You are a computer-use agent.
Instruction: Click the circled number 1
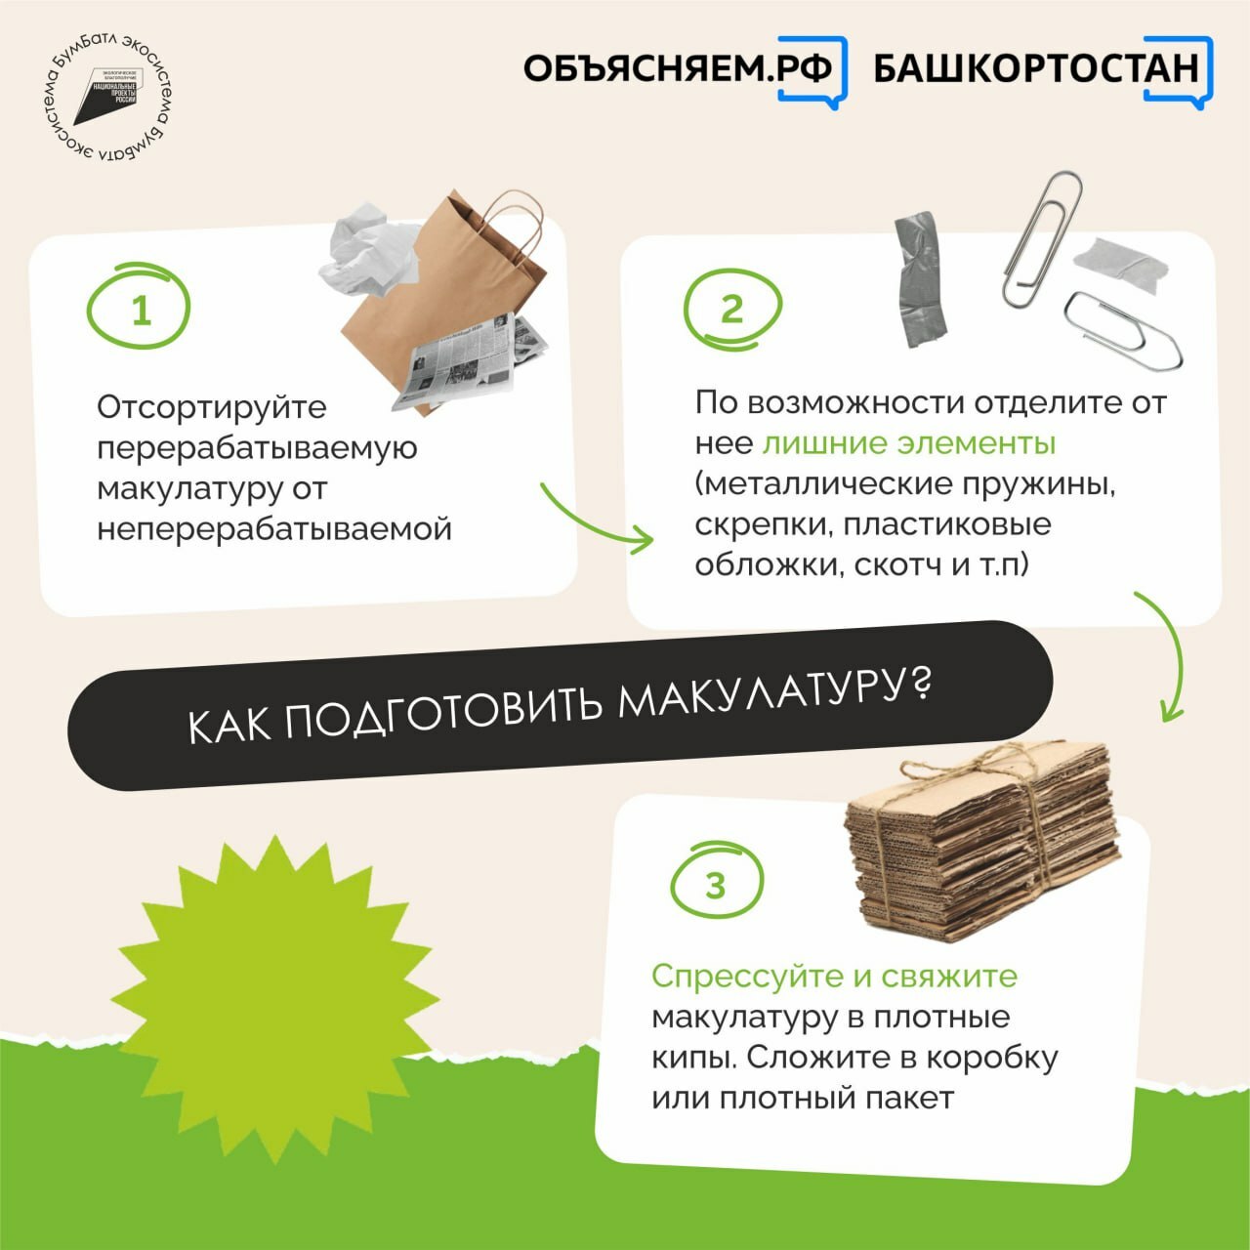140,308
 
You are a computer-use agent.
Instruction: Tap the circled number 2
732,309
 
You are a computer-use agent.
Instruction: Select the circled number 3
716,884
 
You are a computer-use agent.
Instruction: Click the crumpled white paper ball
368,253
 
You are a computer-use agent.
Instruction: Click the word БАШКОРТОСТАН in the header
1035,68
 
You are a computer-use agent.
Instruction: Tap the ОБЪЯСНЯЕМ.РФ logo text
679,68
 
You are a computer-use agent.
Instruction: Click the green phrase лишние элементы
908,443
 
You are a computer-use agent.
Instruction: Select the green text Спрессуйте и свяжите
834,976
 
